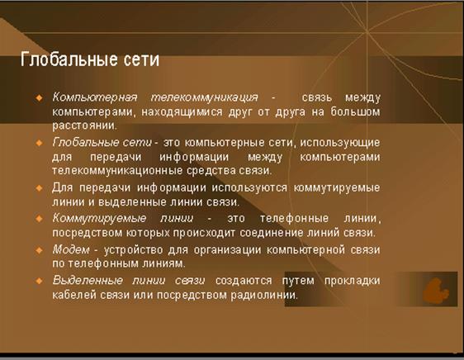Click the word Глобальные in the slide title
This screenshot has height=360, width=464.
coord(69,59)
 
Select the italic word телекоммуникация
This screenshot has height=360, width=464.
coord(205,97)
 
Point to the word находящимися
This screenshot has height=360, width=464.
coord(182,112)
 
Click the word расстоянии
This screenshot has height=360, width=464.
coord(85,126)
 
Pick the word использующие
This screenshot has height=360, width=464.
coord(340,143)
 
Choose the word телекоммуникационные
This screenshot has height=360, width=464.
coord(117,171)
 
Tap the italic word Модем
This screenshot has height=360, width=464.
coord(71,249)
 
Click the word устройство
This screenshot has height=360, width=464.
coord(134,250)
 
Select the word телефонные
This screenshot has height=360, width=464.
coord(295,219)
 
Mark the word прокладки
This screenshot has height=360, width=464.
coord(353,281)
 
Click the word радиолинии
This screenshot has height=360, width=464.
coord(264,295)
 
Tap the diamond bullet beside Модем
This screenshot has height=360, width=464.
coord(39,250)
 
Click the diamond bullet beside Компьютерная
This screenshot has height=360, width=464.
coord(39,97)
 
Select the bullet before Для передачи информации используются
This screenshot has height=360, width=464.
coord(39,188)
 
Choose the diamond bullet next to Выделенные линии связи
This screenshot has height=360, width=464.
coord(39,281)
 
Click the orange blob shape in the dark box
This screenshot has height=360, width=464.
coord(435,291)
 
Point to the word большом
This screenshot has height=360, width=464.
coord(355,112)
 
